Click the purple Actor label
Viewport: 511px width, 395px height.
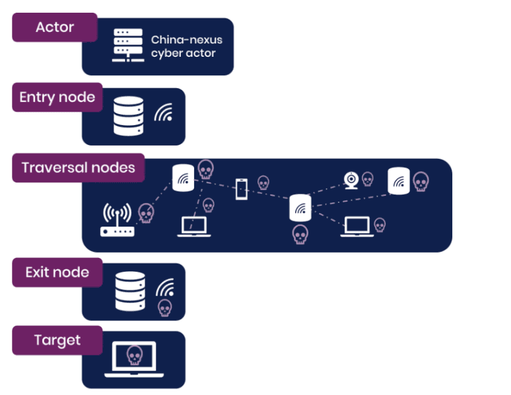(x=54, y=27)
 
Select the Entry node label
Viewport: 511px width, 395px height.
(x=57, y=98)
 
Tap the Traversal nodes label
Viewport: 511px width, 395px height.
(x=78, y=168)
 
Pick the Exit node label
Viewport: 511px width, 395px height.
(x=57, y=272)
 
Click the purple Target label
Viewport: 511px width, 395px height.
(x=57, y=341)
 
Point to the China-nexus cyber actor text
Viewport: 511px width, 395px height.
(x=187, y=47)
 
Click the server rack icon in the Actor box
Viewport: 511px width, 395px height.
(x=126, y=45)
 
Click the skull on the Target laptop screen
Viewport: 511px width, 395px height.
(x=134, y=355)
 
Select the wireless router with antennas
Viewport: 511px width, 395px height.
(x=117, y=220)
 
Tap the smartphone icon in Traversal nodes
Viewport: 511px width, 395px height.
(x=241, y=189)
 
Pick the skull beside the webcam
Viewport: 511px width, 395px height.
(x=367, y=179)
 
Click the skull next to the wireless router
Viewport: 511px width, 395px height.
(x=146, y=213)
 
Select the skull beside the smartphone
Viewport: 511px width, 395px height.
(x=263, y=183)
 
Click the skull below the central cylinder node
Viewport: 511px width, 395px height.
(x=300, y=234)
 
